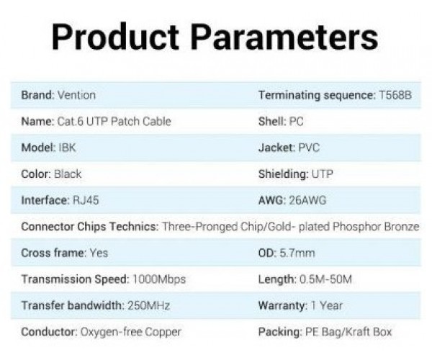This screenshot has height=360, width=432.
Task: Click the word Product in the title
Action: (115, 37)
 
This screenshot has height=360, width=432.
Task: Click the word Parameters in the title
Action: (284, 37)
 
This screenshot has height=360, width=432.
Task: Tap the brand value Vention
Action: (76, 95)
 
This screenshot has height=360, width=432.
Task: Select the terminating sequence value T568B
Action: (395, 95)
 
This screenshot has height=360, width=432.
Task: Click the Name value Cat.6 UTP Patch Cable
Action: (114, 122)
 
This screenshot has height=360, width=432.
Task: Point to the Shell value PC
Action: (296, 122)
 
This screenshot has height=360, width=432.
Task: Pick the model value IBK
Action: (67, 148)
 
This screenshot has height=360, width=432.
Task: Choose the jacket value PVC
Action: (309, 148)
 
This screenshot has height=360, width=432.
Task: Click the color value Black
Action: (68, 174)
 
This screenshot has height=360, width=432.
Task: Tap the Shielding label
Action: (284, 174)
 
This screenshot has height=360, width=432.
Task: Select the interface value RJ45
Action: (86, 200)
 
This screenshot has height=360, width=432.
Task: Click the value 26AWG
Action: (307, 200)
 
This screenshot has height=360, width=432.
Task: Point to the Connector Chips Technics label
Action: (90, 227)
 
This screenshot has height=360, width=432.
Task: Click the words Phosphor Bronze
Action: (376, 227)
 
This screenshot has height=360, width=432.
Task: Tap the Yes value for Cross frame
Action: (99, 253)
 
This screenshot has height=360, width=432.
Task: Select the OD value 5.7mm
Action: (297, 253)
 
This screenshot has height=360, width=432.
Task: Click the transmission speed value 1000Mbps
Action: (159, 279)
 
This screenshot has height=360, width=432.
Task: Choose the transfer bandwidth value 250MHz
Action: (149, 305)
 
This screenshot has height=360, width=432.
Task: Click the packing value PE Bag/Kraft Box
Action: (348, 332)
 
